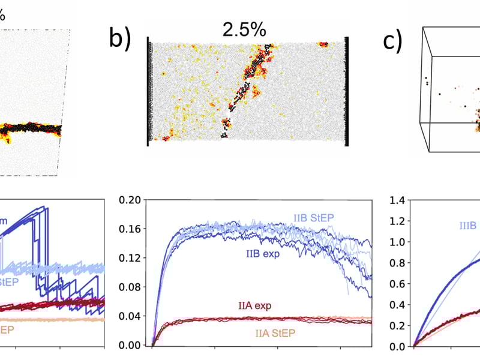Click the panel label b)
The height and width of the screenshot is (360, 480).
point(120,38)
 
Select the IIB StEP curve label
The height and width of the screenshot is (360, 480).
point(314,217)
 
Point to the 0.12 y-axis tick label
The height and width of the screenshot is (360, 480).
point(131,258)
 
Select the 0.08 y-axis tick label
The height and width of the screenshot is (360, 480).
point(131,287)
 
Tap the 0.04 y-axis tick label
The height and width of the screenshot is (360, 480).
point(131,316)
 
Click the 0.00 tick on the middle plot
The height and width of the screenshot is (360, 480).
point(131,346)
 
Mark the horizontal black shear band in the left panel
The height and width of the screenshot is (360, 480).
point(30,128)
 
